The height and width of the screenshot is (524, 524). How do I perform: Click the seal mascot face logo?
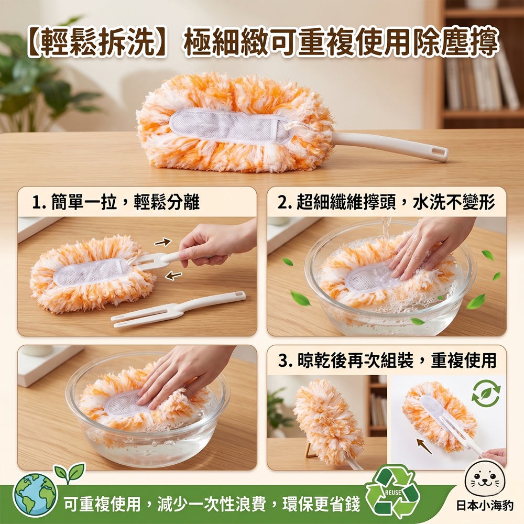point(485,479)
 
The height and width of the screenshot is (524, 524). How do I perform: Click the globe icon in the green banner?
point(36,495)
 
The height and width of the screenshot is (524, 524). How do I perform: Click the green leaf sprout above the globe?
point(70,472)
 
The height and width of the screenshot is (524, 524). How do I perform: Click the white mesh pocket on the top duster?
point(231,126)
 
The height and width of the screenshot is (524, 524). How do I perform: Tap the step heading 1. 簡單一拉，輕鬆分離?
point(116,202)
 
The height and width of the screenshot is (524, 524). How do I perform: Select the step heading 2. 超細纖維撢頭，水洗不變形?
point(387,202)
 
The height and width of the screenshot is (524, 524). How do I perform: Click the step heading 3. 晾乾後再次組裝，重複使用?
point(387,361)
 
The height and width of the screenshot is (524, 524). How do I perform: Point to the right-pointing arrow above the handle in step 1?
point(163,242)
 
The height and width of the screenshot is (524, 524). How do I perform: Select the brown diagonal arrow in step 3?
point(424,446)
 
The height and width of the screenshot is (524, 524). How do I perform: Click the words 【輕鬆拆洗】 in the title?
point(97,43)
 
